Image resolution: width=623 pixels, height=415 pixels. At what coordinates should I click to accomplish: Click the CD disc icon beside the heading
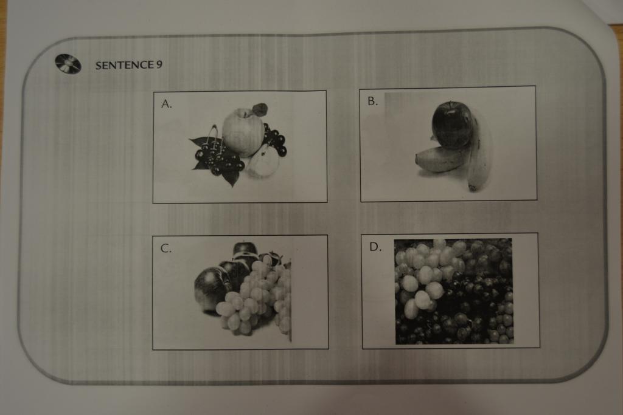[x=68, y=64]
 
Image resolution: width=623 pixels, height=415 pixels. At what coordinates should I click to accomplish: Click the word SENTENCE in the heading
[x=124, y=65]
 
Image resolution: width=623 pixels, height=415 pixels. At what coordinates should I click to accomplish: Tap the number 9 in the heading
[x=159, y=64]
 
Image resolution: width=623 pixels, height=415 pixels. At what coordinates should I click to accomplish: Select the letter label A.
[x=167, y=104]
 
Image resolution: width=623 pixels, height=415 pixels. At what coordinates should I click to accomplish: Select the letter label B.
[x=372, y=101]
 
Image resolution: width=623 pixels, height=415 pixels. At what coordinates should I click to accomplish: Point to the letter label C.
[x=165, y=249]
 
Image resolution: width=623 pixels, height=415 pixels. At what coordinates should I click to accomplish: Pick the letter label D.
[x=375, y=247]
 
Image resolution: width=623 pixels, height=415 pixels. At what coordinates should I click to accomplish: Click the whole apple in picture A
[x=243, y=132]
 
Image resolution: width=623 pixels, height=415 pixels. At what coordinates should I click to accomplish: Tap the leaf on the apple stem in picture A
[x=259, y=109]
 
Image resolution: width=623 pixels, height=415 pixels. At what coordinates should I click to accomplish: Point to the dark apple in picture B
[x=452, y=125]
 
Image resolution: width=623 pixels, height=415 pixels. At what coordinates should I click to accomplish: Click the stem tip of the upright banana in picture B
[x=472, y=188]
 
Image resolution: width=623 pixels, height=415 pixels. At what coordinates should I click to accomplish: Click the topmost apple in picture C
[x=245, y=249]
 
